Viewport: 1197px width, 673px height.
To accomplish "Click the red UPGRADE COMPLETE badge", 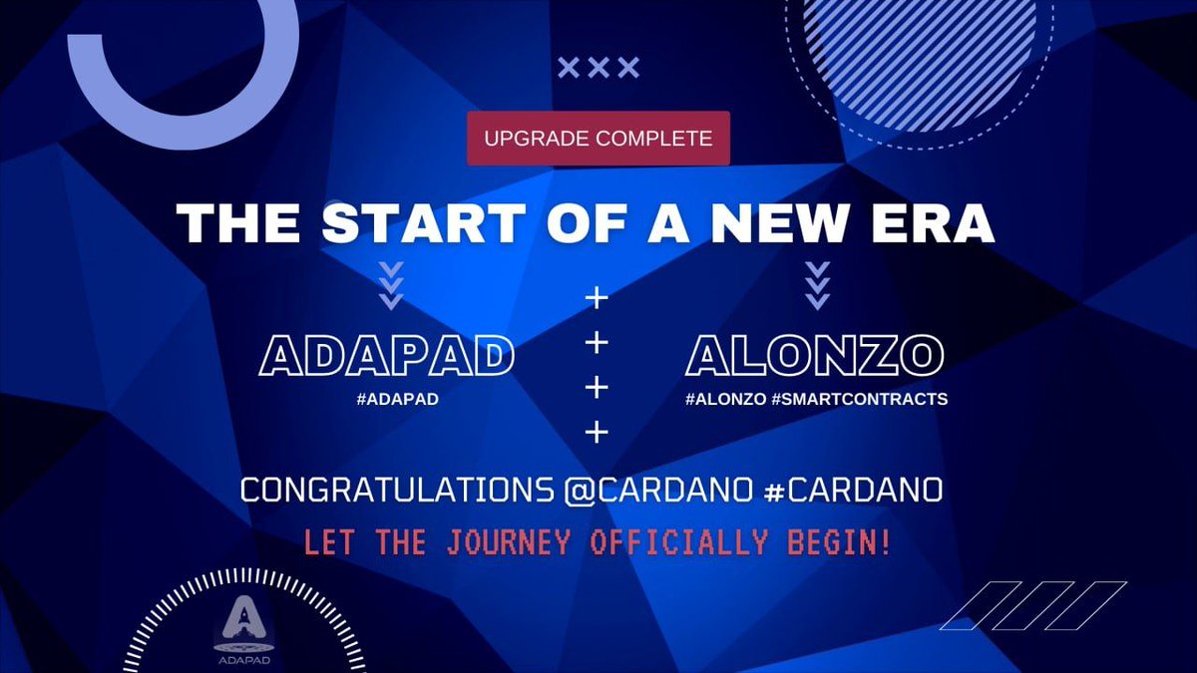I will click(598, 139).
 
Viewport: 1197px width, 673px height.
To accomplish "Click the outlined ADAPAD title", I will click(387, 357).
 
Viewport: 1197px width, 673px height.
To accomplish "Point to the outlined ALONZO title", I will click(814, 357).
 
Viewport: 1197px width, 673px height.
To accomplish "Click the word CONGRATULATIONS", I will click(394, 492).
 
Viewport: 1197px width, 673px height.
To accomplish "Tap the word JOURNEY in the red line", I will click(509, 543).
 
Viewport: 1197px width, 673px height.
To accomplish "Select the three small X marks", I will click(598, 68).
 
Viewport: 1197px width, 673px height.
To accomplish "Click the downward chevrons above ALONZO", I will click(817, 285).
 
